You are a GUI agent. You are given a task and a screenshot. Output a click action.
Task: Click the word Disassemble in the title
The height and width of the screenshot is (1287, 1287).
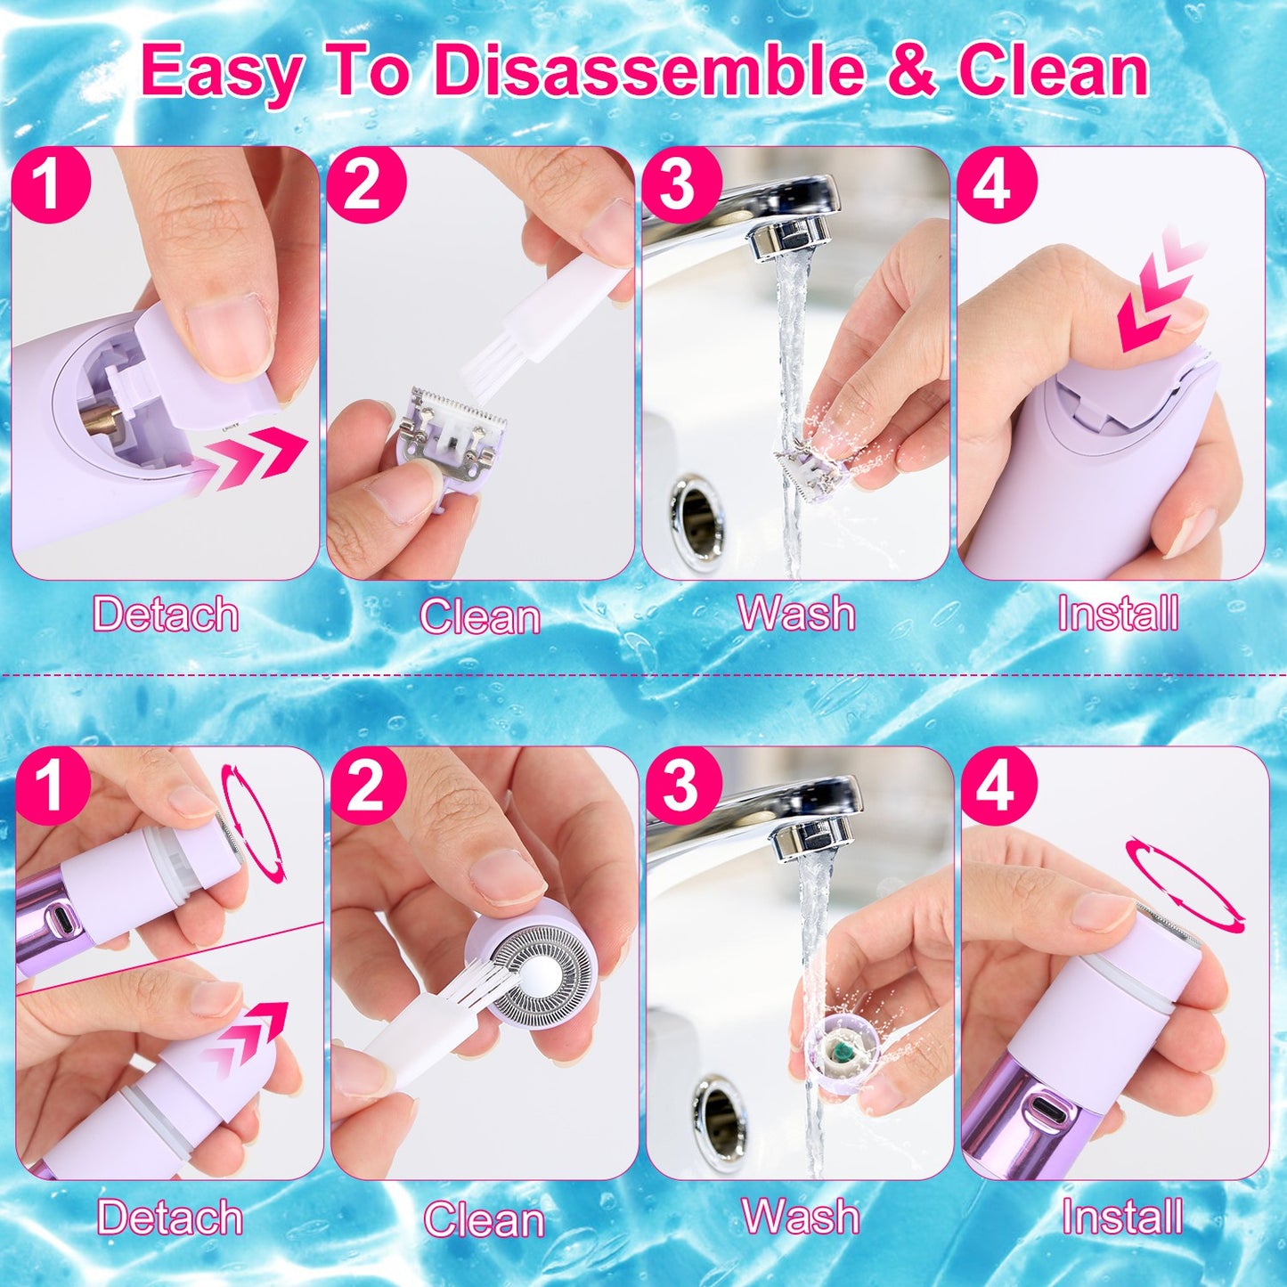[648, 71]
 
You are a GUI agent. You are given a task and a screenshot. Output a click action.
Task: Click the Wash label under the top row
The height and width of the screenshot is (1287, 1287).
[796, 614]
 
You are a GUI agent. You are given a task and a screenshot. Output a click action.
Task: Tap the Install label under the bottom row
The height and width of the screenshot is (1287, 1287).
[1121, 1217]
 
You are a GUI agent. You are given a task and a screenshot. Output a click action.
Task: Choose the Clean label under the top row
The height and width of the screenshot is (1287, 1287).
[480, 616]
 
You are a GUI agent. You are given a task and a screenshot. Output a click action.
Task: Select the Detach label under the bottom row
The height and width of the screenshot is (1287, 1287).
[169, 1217]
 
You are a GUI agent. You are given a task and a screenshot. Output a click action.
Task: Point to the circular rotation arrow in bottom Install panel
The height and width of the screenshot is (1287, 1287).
[1185, 883]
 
